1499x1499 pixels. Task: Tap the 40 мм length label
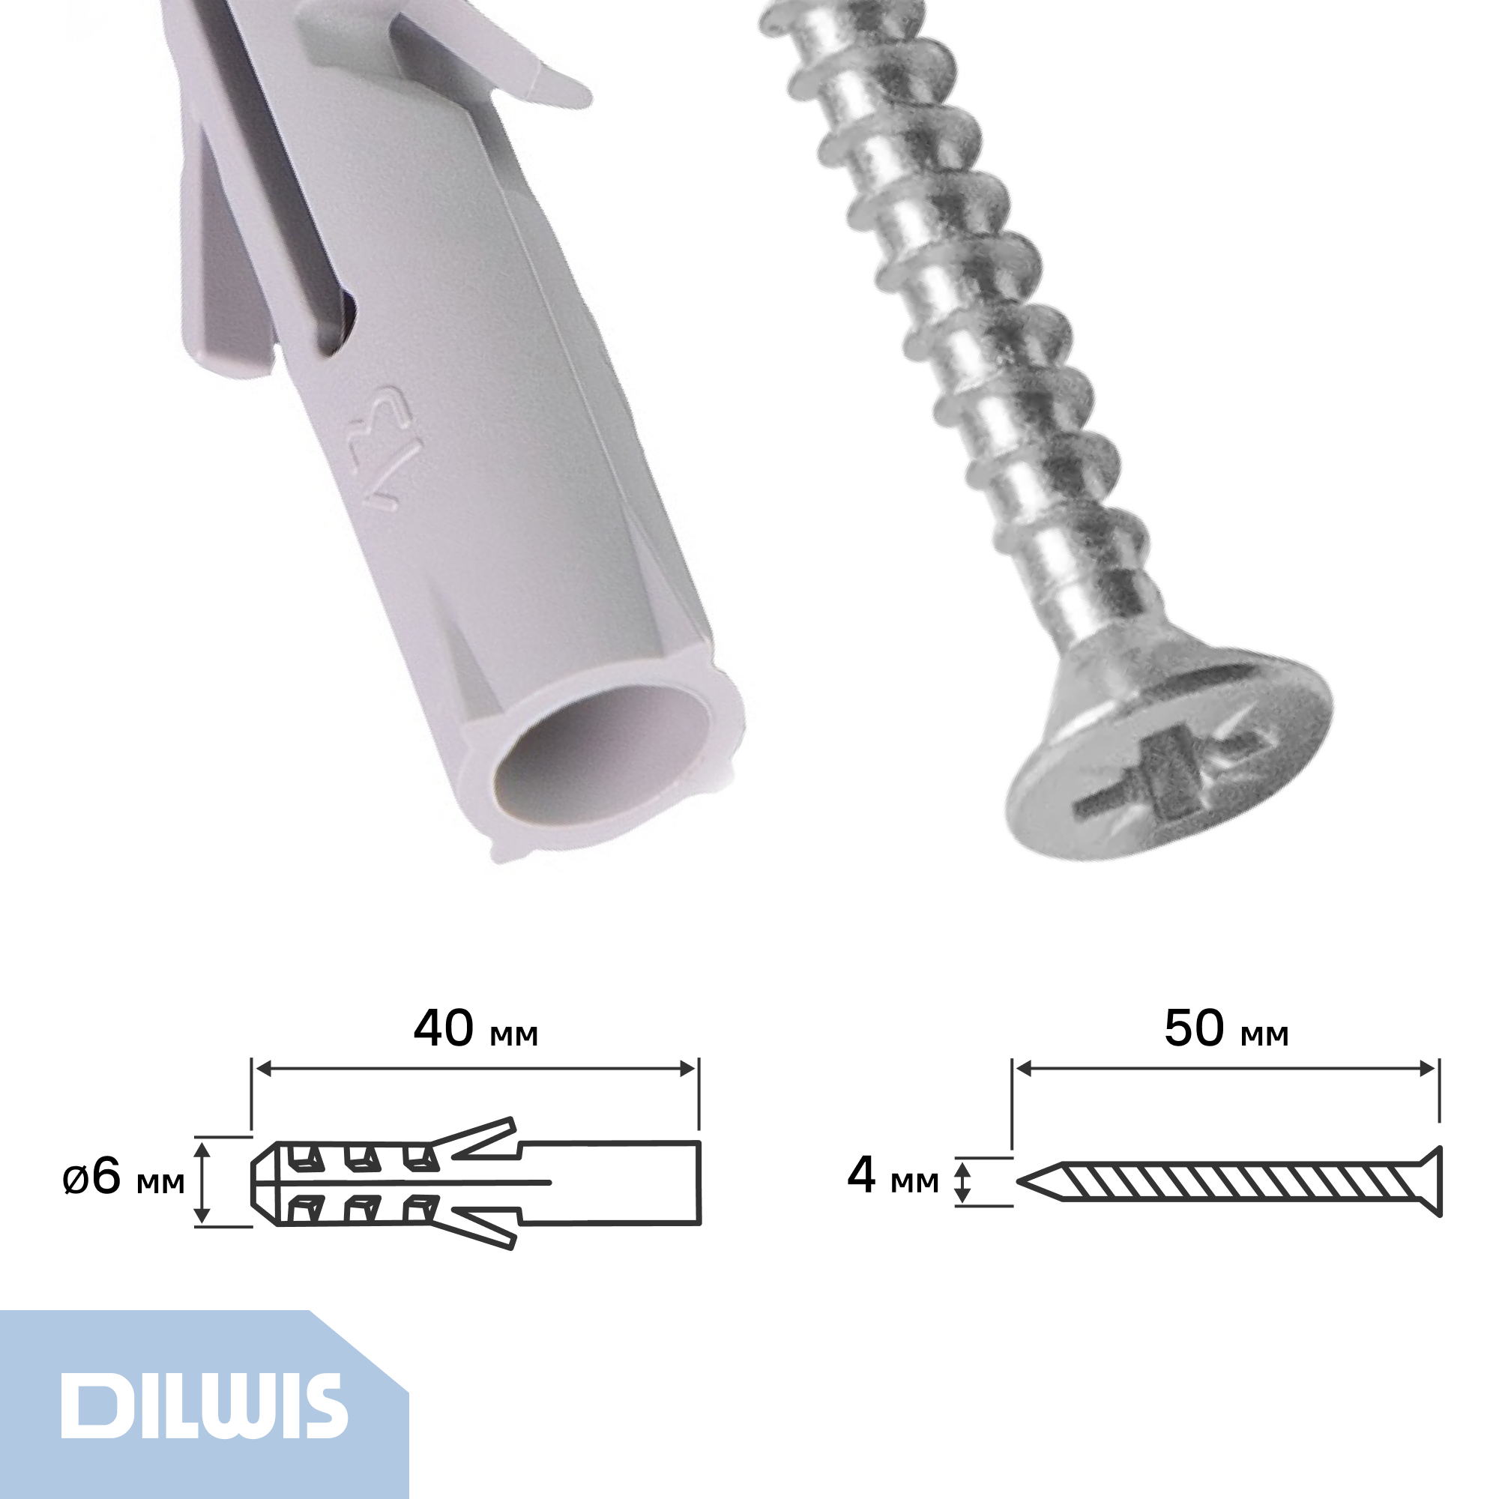[x=476, y=1031]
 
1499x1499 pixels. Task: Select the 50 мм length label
[x=1227, y=1030]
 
